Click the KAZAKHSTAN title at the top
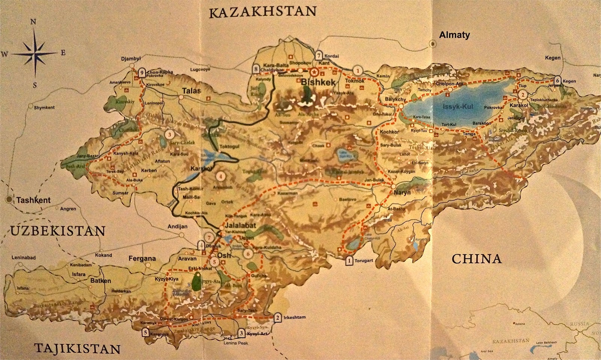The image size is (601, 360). point(263,12)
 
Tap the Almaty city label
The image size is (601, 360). point(455,35)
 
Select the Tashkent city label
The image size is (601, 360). point(33,200)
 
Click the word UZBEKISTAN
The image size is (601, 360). point(57,230)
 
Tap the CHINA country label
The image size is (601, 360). point(476,259)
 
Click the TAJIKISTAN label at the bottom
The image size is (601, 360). point(77,348)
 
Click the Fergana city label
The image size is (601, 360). point(142,259)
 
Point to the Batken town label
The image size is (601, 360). point(100,281)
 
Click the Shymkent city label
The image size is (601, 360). point(44,107)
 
